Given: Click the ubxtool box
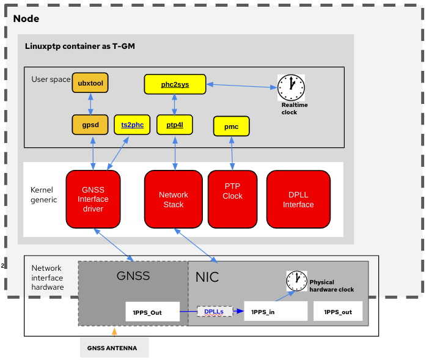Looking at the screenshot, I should click(90, 83).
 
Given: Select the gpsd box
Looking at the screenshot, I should click(90, 125).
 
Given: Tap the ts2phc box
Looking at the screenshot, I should click(132, 125).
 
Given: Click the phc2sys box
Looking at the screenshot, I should click(175, 84).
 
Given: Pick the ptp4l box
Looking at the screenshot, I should click(175, 125).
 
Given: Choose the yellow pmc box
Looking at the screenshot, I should click(232, 127).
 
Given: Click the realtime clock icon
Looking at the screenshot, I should click(291, 87).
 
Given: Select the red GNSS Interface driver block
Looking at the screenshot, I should click(93, 199).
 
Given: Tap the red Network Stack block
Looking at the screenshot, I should click(174, 199).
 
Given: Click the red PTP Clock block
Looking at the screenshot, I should click(232, 199).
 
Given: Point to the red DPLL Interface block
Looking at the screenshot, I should click(298, 199).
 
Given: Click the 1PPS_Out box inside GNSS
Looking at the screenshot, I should click(152, 312).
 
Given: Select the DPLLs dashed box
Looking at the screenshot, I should click(214, 311).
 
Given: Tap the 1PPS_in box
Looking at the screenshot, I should click(276, 312).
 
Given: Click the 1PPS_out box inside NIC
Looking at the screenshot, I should click(338, 312).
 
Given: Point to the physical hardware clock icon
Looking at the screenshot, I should click(296, 281).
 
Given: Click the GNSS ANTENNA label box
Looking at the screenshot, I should click(114, 348).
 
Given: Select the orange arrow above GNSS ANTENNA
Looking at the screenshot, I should click(114, 332).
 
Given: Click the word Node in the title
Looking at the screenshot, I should click(26, 18).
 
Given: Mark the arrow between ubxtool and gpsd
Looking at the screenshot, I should click(90, 104).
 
